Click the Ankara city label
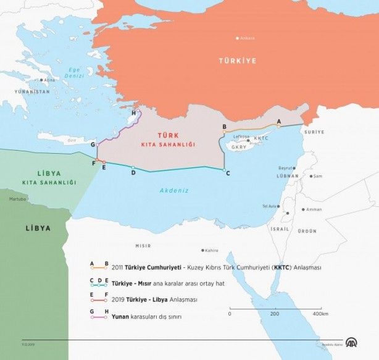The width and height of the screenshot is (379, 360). point(247,38)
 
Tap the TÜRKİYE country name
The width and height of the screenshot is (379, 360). point(237,61)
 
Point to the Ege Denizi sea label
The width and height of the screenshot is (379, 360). point(75,72)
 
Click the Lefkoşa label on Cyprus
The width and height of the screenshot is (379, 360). point(242,136)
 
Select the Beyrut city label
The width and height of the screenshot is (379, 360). point(285,168)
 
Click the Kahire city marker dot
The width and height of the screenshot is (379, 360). point(202,250)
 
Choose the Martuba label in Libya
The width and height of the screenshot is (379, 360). point(18,199)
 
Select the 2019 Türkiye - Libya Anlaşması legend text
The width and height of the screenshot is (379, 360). point(154,299)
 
